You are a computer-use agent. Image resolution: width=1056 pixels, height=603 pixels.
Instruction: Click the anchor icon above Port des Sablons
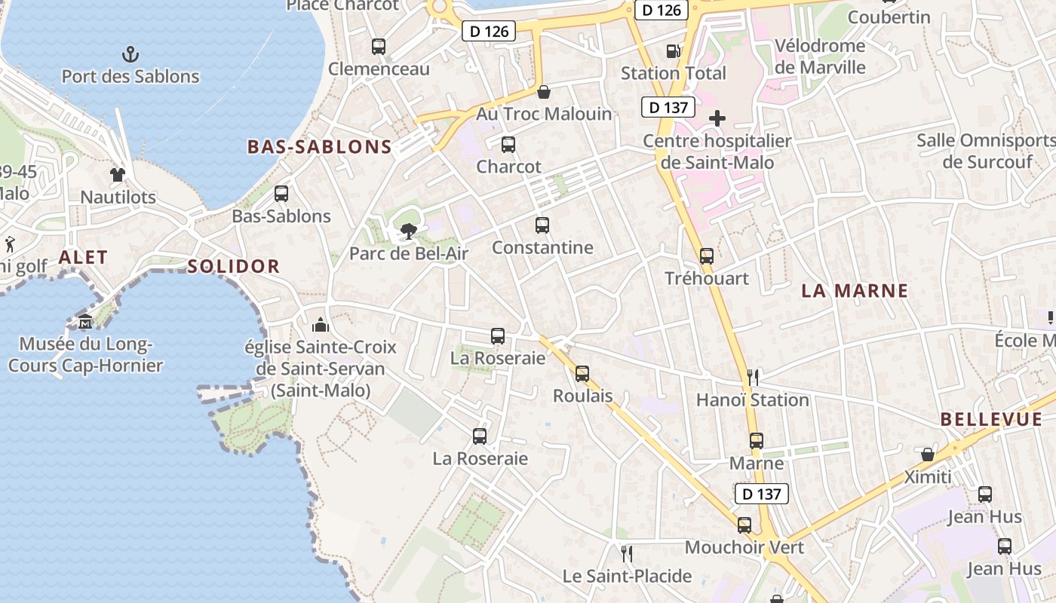[130, 54]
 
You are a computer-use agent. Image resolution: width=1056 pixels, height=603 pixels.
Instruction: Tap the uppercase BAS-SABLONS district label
[320, 147]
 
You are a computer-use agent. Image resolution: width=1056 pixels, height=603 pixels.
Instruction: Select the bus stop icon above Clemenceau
[379, 47]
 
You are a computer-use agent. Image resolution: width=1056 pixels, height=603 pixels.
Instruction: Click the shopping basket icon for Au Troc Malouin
[544, 93]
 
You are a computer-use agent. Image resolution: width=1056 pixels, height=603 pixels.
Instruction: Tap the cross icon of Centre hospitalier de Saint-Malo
[717, 118]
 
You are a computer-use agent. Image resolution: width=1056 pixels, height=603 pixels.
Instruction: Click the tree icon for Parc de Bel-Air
[408, 231]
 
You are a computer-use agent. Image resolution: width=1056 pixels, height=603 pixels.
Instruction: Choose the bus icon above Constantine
[542, 225]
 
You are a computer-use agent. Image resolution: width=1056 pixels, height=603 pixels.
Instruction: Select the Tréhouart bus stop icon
[707, 256]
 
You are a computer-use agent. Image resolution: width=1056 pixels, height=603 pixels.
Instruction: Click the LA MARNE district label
[855, 291]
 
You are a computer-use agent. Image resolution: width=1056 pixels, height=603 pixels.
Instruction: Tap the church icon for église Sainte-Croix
[321, 325]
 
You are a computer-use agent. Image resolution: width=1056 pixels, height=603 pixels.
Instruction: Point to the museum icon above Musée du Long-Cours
[85, 322]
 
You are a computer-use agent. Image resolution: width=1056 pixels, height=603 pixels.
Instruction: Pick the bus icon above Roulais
[582, 373]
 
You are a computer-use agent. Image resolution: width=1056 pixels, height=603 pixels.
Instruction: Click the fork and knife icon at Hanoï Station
[752, 377]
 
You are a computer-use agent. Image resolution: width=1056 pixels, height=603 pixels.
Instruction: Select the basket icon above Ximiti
[928, 455]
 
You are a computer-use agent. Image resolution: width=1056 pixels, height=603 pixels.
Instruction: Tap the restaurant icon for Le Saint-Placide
[627, 554]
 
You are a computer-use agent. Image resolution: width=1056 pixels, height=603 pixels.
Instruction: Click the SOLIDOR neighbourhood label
[234, 266]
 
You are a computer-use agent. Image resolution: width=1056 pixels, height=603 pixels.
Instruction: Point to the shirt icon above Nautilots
[118, 175]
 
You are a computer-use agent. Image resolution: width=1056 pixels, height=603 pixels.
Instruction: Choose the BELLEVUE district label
[991, 420]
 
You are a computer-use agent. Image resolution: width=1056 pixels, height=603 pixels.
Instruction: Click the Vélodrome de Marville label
[820, 57]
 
